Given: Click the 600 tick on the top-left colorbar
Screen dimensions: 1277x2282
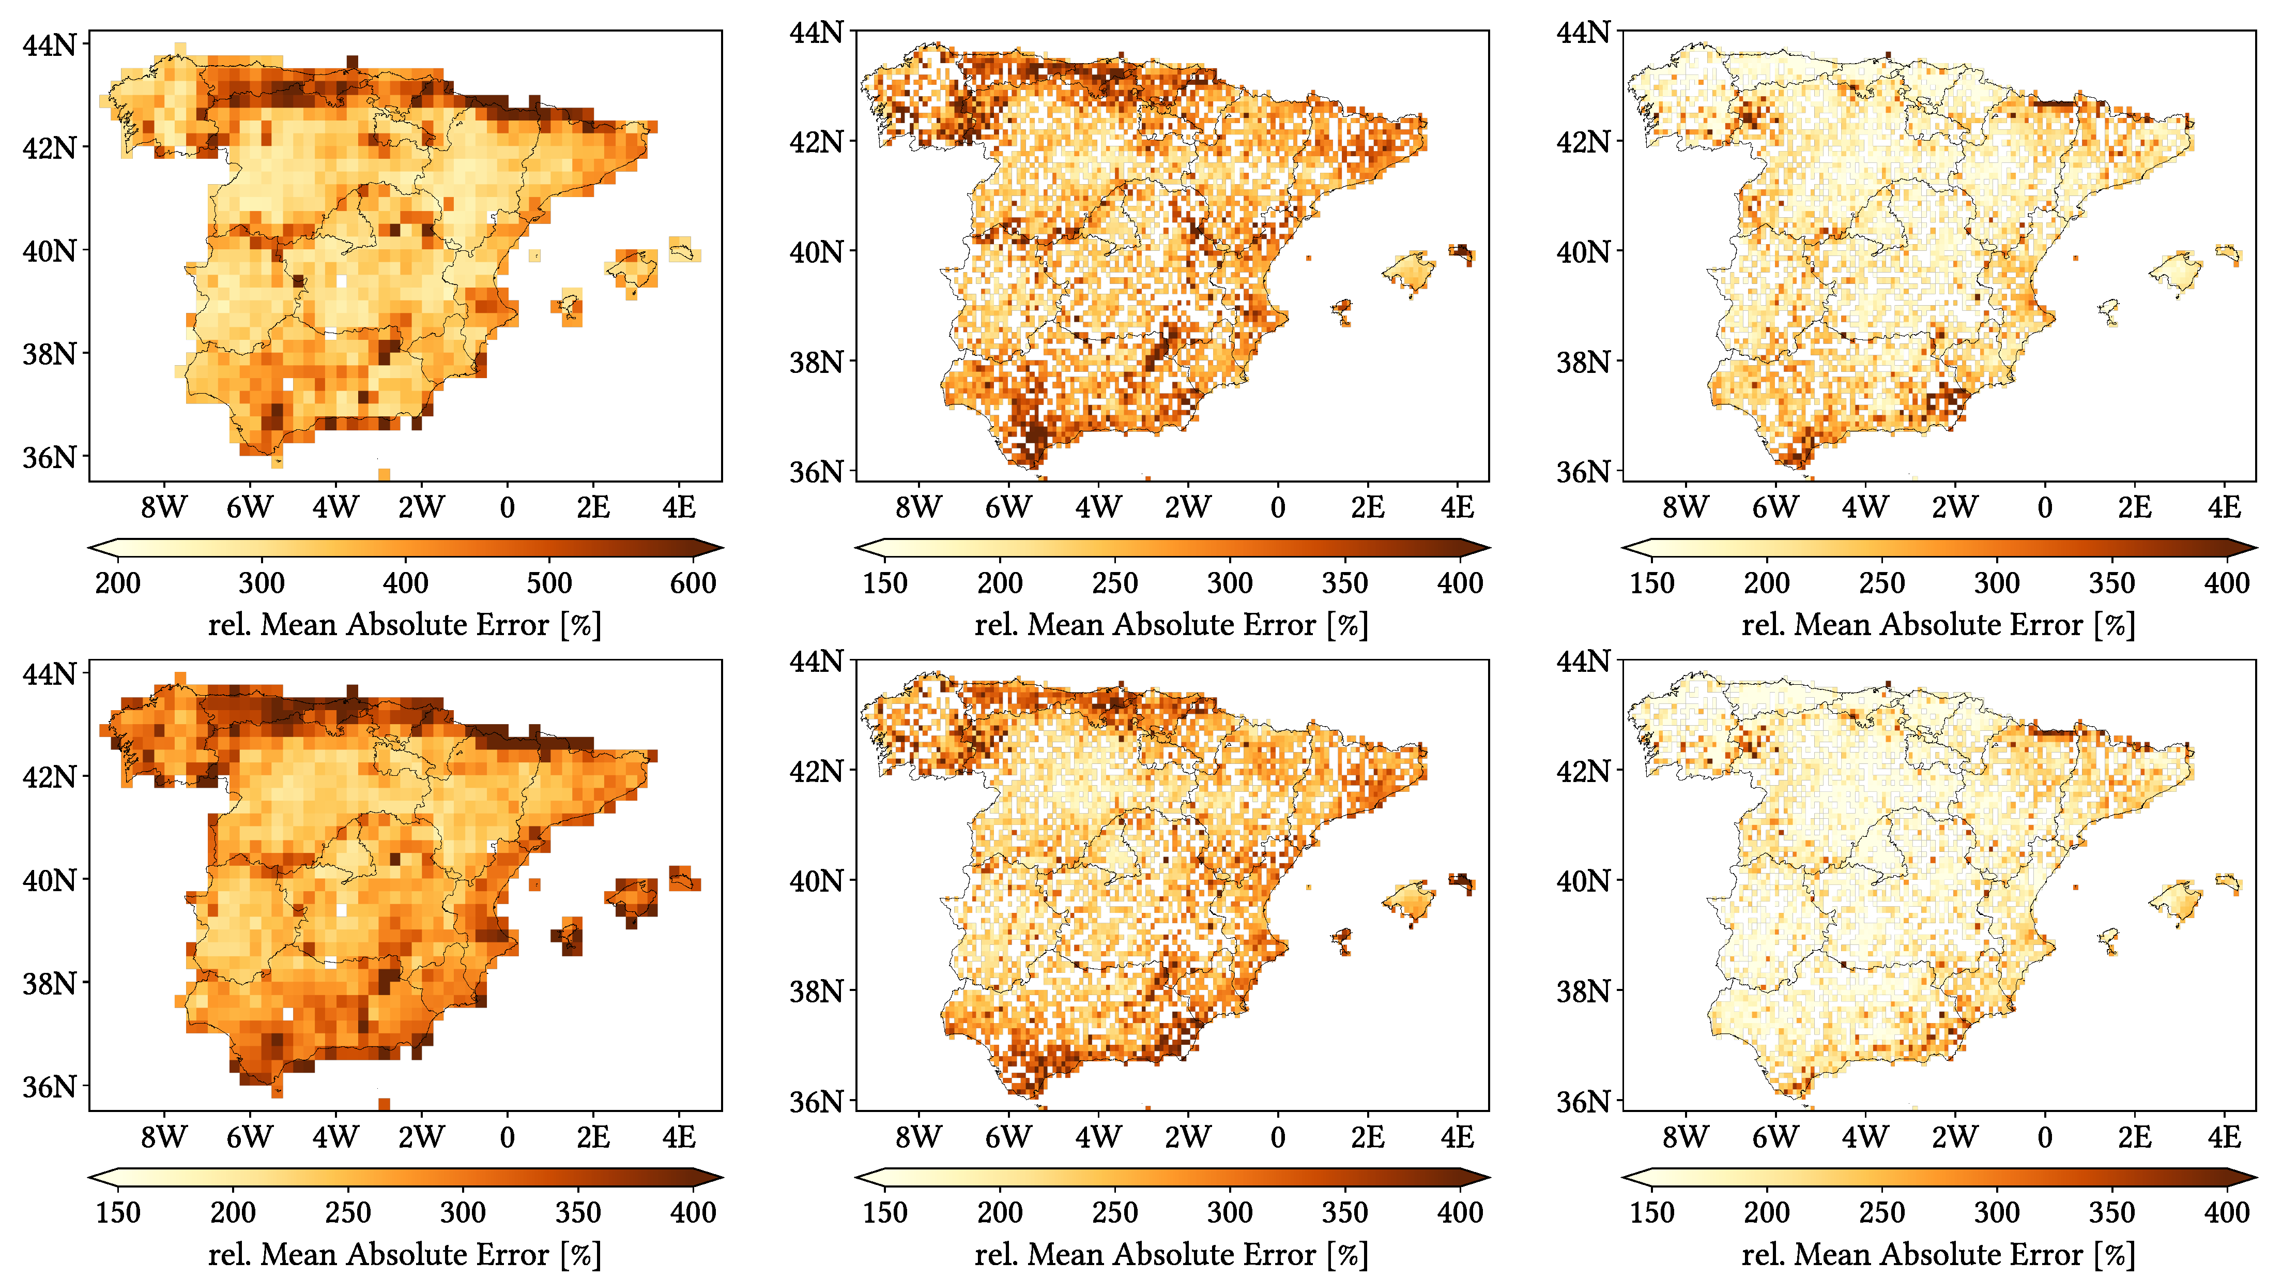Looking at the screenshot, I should click(693, 582).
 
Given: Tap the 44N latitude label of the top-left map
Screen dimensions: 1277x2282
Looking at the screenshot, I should click(50, 44).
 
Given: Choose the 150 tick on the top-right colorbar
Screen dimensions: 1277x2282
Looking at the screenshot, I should click(1651, 582).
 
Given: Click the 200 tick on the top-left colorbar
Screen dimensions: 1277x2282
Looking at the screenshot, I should click(118, 582).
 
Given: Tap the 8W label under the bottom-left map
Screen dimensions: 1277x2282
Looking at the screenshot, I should click(164, 1136).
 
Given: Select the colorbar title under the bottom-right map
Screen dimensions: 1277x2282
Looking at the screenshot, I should click(1938, 1254).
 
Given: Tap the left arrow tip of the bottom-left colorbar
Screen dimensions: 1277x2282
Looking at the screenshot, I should click(89, 1178).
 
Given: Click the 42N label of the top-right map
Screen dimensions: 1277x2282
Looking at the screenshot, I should click(1583, 141).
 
